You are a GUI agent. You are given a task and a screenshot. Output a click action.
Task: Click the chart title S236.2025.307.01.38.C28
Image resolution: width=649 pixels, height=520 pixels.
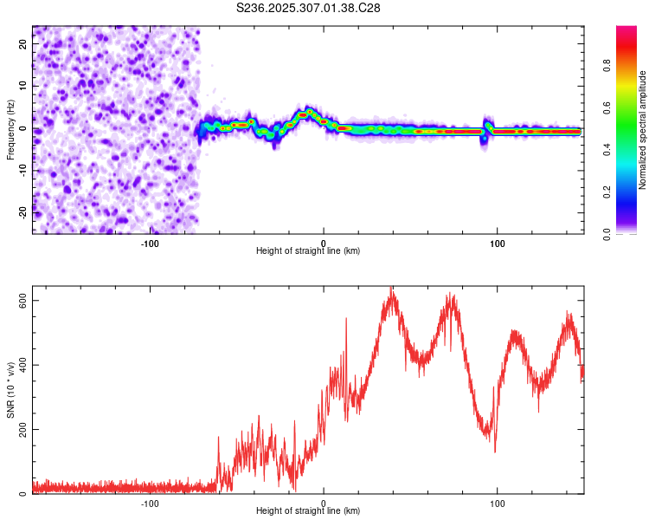[309, 8]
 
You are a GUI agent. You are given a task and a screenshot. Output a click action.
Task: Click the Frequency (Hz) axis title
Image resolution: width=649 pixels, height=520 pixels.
[10, 130]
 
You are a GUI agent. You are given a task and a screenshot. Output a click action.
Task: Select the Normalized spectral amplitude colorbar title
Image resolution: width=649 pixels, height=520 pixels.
[642, 130]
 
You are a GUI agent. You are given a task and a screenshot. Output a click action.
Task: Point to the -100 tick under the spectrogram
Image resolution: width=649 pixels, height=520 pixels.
[150, 244]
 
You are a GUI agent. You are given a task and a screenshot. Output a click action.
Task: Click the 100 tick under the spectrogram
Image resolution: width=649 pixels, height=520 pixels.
[498, 244]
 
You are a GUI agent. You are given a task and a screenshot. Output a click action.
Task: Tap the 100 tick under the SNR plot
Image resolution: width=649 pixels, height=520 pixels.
[498, 504]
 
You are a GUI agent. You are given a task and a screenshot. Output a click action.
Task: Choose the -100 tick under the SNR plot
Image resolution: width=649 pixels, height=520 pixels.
[150, 504]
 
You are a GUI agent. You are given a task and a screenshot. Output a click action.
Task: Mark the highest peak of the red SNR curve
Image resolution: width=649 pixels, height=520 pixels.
[391, 288]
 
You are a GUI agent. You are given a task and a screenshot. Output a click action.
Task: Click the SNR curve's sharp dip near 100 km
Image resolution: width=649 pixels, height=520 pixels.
[495, 452]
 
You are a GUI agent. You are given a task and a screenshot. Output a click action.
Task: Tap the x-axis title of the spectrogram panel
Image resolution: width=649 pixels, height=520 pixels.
[308, 251]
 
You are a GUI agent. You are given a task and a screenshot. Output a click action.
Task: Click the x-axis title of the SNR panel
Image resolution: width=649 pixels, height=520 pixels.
[308, 511]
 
